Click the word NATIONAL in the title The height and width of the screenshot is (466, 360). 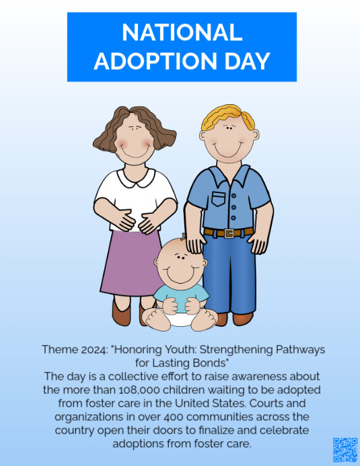[182, 32]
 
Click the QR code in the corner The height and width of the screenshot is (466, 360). [345, 449]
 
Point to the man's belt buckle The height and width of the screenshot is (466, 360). [229, 233]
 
